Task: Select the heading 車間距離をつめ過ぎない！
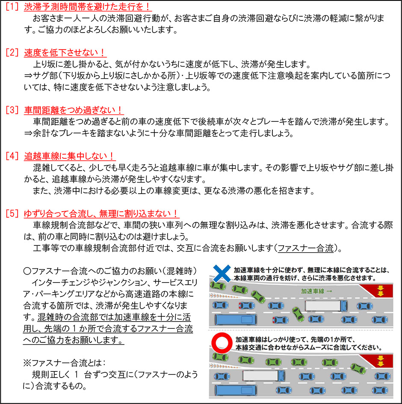(x=73, y=110)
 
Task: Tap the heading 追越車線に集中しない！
(x=70, y=156)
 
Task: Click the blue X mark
(x=222, y=273)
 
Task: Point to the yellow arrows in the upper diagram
(x=380, y=291)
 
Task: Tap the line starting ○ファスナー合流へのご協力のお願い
(x=110, y=271)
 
